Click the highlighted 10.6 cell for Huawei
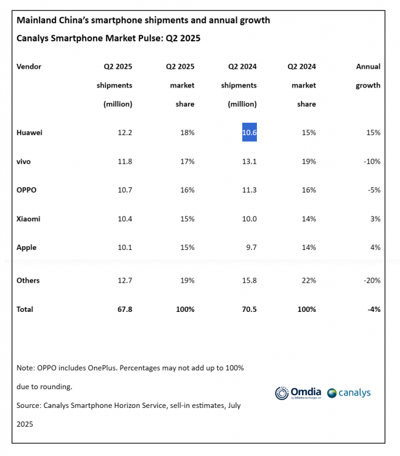coord(250,133)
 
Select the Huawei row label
coord(29,133)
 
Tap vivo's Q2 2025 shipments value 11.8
coord(125,161)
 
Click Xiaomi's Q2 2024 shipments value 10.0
coord(250,219)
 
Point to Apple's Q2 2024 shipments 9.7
coord(252,247)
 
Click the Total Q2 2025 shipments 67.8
coord(125,309)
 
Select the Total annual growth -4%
coord(374,309)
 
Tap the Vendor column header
coord(29,67)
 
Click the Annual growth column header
coord(368,76)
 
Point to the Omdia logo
coord(298,393)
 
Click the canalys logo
coord(349,393)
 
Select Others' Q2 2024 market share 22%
coord(309,280)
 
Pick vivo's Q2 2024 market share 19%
coord(309,161)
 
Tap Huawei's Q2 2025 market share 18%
coord(187,133)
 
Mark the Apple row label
coord(27,248)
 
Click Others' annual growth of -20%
coord(372,280)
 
